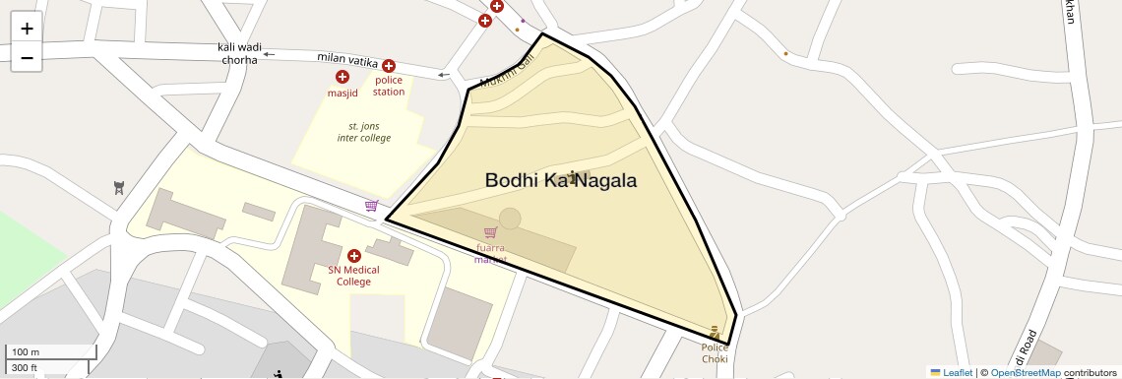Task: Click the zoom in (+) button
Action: [27, 29]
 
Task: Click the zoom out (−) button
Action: [27, 58]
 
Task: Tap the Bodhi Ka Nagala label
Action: [560, 181]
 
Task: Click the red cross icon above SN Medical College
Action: [354, 256]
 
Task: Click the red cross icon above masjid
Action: [343, 77]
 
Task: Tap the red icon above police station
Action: [389, 66]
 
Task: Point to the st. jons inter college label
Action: [363, 132]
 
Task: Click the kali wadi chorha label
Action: [239, 53]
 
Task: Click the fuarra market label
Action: [490, 254]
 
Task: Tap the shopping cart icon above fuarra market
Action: [490, 232]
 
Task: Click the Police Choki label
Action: [715, 352]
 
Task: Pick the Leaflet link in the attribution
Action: [957, 373]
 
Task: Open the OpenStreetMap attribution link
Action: [1025, 373]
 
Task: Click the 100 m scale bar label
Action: [26, 352]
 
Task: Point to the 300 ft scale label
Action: [25, 368]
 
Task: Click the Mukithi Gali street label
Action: [507, 72]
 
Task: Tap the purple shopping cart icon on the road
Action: [372, 206]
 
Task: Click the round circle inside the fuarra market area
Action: [510, 219]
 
